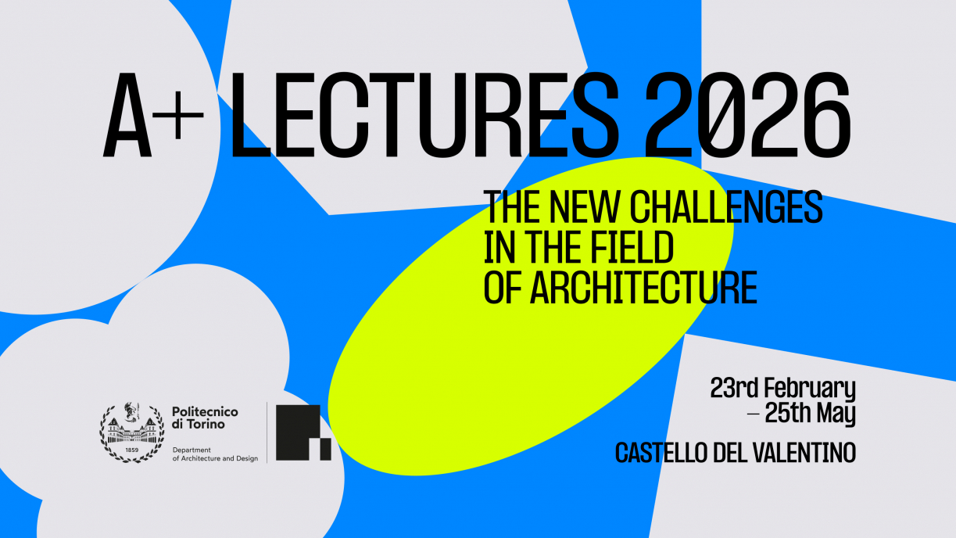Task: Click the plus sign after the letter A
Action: coord(178,115)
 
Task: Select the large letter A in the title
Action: coord(127,114)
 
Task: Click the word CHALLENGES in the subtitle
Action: coord(726,207)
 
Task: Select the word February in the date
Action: coord(810,389)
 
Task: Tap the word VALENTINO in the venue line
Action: coord(804,453)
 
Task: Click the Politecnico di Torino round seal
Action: coord(132,432)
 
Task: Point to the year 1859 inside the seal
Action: coord(132,450)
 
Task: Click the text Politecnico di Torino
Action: coord(205,418)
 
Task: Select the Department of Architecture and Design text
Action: coord(215,454)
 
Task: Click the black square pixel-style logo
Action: coord(303,432)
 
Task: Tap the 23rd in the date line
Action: coord(734,388)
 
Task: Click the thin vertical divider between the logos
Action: coord(267,432)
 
